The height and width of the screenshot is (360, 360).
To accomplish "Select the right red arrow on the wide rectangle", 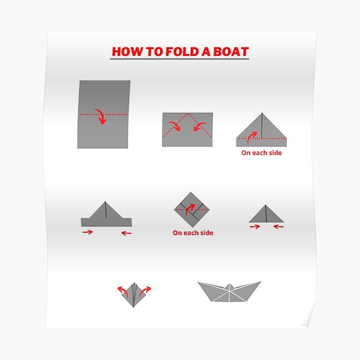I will coord(202,126).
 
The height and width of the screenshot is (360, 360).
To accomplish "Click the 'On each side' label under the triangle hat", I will coord(262,152).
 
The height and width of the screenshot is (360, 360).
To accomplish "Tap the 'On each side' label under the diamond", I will coord(193,233).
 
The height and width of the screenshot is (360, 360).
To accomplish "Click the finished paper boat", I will coord(230,292).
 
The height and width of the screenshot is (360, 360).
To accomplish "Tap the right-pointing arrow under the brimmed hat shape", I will coord(88,232).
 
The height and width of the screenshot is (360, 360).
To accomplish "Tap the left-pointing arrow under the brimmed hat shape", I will coord(125,232).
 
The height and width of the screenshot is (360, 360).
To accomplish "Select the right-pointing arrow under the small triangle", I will coord(256,227).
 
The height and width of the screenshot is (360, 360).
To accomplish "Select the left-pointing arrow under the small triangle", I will coord(278,227).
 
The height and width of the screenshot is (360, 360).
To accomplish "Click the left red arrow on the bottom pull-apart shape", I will coord(122,290).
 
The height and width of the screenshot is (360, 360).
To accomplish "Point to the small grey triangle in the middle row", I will coord(266,215).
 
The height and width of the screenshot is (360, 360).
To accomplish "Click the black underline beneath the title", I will coord(180,59).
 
